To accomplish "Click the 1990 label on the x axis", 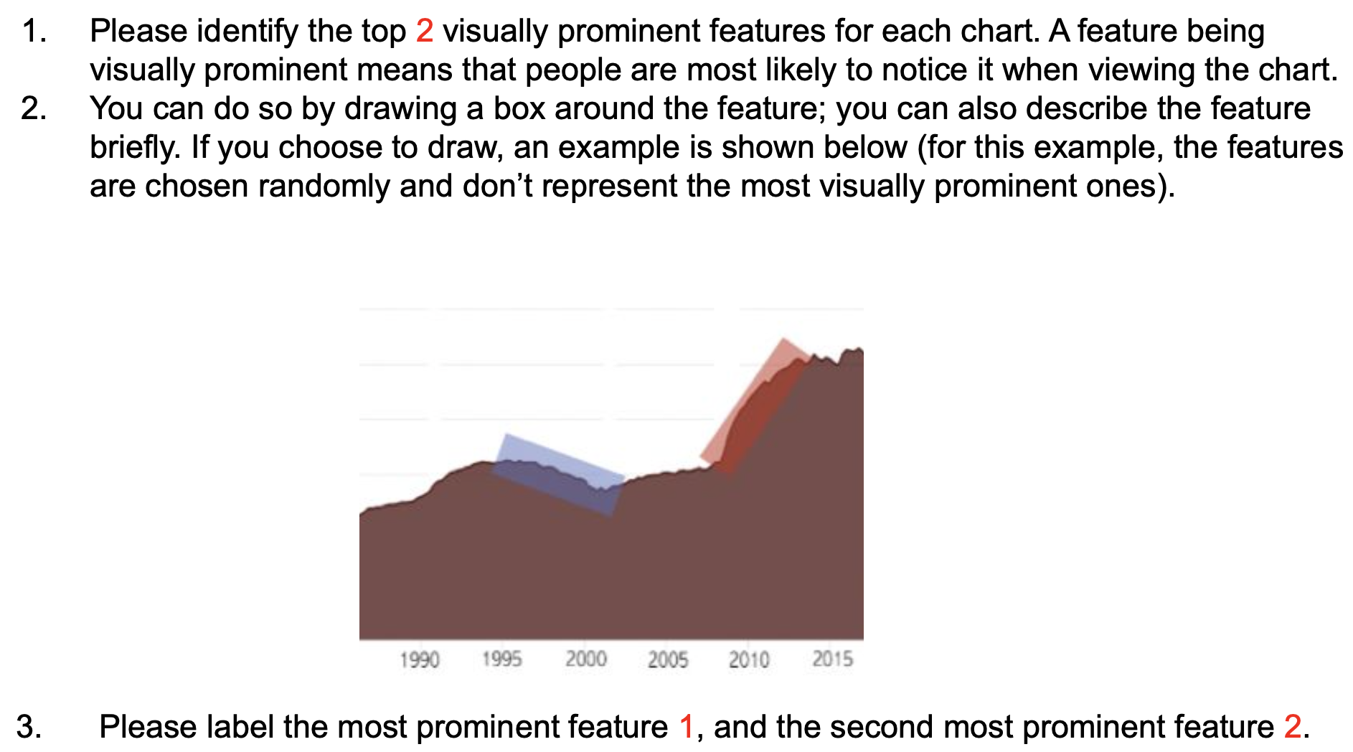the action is click(x=420, y=659).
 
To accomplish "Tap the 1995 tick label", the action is click(x=502, y=659).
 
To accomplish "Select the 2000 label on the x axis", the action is click(x=586, y=659).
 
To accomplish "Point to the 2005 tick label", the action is click(x=668, y=659).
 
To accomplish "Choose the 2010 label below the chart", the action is click(x=749, y=659).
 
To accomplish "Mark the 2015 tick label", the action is click(x=833, y=659).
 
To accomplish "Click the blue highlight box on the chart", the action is click(x=558, y=474).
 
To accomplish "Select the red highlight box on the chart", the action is click(x=756, y=406).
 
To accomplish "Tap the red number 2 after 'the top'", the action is click(x=425, y=32).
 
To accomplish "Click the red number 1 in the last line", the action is click(x=687, y=727).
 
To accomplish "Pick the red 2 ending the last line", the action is click(x=1293, y=727).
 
